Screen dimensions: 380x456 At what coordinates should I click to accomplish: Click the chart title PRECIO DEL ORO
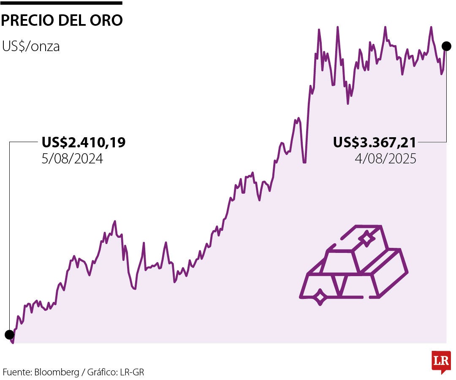pyautogui.click(x=62, y=20)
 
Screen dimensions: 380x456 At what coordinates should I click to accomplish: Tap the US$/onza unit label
pyautogui.click(x=31, y=46)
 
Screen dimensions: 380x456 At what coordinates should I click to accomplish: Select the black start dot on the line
pyautogui.click(x=9, y=335)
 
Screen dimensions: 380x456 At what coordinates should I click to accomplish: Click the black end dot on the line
pyautogui.click(x=446, y=46)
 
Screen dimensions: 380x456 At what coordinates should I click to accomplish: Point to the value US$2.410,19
pyautogui.click(x=84, y=143)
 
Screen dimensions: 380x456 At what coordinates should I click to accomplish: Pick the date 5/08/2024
pyautogui.click(x=72, y=159)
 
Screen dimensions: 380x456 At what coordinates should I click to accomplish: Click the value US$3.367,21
pyautogui.click(x=375, y=143)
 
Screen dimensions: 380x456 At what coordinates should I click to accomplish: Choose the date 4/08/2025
pyautogui.click(x=385, y=159)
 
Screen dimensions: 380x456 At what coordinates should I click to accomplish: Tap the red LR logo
pyautogui.click(x=441, y=361)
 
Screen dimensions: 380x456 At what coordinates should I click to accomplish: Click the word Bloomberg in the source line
pyautogui.click(x=57, y=372)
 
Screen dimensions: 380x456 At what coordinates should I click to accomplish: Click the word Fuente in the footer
pyautogui.click(x=16, y=372)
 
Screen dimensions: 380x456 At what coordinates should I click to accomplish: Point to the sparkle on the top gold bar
pyautogui.click(x=367, y=239)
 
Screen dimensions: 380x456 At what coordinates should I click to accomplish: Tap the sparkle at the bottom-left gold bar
pyautogui.click(x=320, y=297)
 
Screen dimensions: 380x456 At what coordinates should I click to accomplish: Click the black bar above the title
pyautogui.click(x=62, y=3)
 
